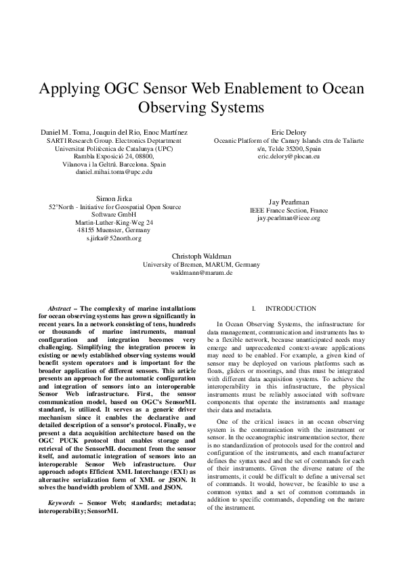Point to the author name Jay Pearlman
click(289, 202)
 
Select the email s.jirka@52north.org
click(114, 238)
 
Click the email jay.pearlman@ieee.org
click(289, 218)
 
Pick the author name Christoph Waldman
click(201, 256)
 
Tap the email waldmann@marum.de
click(201, 272)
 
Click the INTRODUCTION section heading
click(291, 308)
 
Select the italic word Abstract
click(65, 308)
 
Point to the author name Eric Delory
click(289, 132)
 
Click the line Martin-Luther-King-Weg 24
click(114, 222)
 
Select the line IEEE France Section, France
click(289, 210)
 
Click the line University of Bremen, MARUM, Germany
click(201, 264)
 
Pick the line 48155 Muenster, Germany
click(114, 230)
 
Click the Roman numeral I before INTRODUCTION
click(253, 308)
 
